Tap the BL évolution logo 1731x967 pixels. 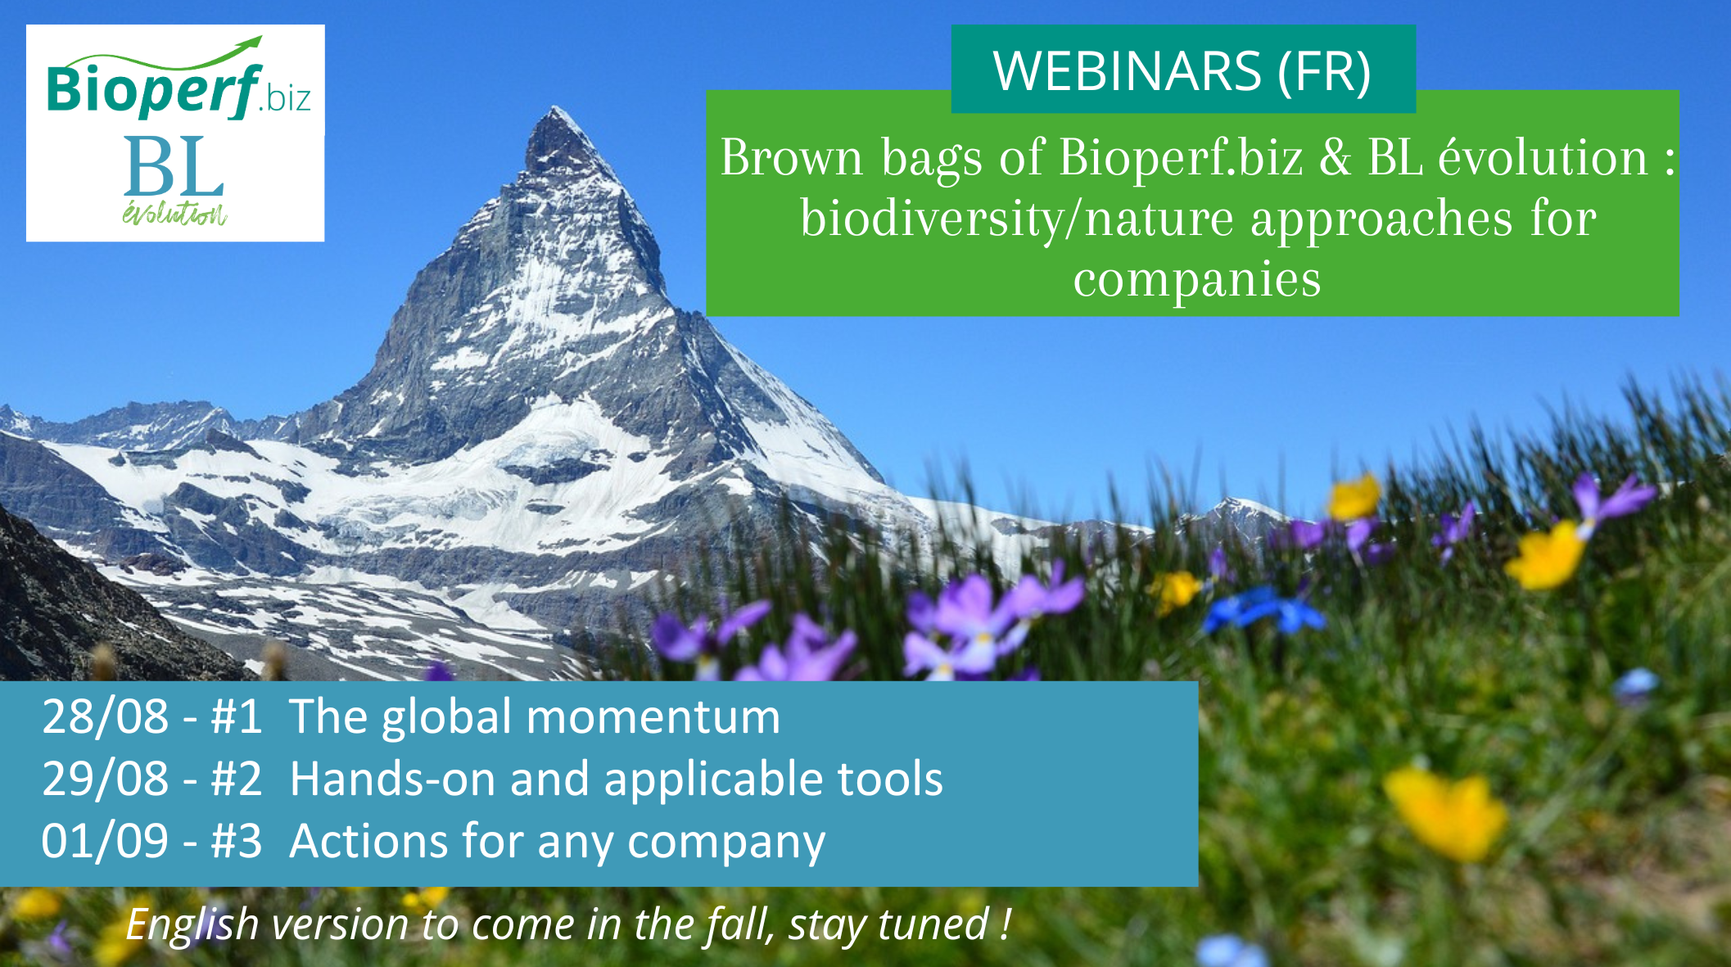(174, 179)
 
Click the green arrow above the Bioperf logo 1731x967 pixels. (164, 56)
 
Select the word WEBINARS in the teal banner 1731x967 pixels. (1128, 70)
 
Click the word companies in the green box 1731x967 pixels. (1197, 280)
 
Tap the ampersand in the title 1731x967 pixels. (1336, 157)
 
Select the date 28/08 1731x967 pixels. (106, 716)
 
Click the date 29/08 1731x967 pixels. (106, 779)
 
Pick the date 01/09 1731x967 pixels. (106, 841)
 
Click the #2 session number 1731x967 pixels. (237, 779)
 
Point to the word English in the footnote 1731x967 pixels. (192, 925)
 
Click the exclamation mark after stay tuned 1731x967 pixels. (1005, 924)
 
